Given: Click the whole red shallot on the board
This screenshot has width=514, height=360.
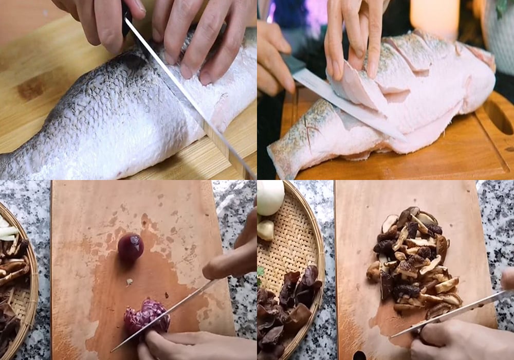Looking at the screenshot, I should point(131,246).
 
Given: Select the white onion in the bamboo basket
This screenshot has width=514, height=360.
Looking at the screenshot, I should point(270,197).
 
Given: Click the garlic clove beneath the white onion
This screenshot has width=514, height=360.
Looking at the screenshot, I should point(266,230).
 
